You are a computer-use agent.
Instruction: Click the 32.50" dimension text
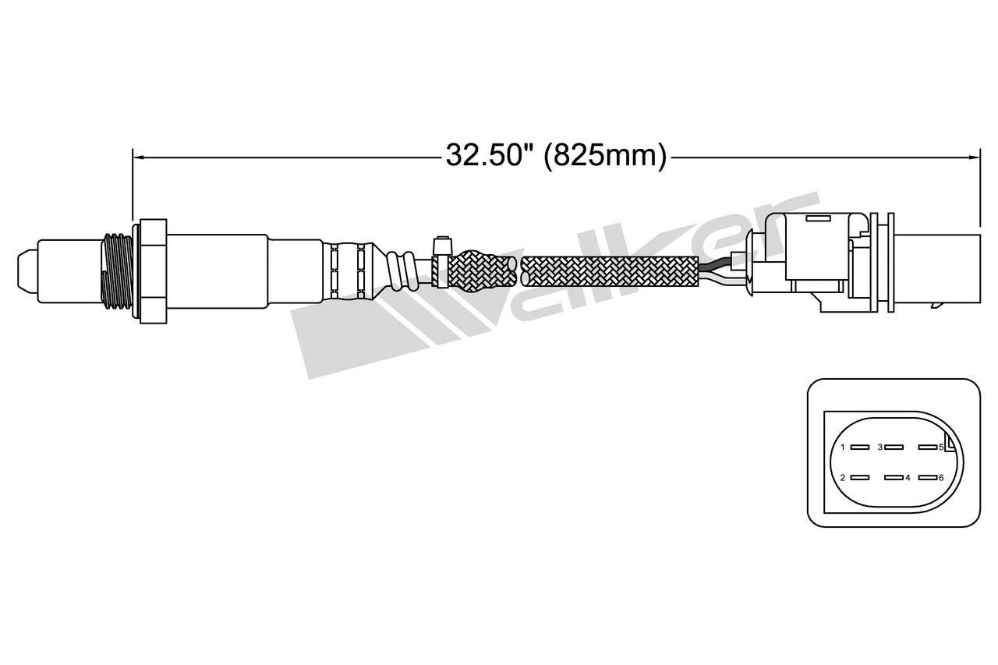(488, 156)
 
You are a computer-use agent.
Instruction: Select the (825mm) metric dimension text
(604, 156)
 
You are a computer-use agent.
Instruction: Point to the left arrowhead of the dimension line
(138, 157)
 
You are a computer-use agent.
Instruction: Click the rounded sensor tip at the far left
(27, 270)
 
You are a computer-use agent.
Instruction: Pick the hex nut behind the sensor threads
(152, 271)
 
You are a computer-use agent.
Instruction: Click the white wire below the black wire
(722, 279)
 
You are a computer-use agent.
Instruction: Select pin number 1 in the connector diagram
(859, 447)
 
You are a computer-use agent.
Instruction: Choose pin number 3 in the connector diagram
(894, 447)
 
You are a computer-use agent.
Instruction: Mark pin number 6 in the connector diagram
(927, 478)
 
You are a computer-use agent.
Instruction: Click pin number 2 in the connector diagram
(859, 478)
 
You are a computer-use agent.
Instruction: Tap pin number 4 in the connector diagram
(894, 478)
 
